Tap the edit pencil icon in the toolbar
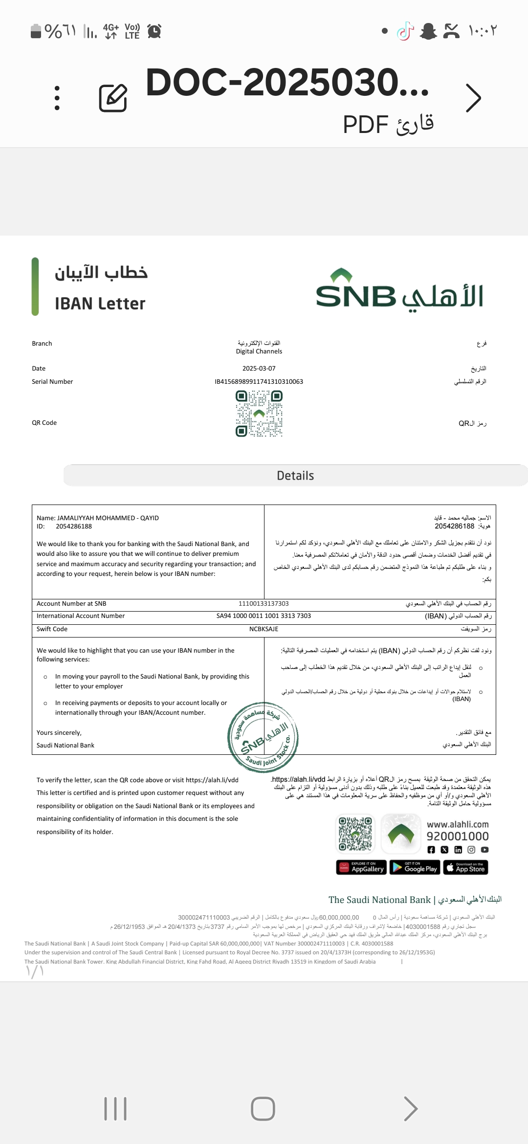(x=113, y=98)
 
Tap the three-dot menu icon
(x=57, y=98)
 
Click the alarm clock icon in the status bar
(x=154, y=31)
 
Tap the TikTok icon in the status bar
(x=405, y=31)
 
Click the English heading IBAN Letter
(x=100, y=304)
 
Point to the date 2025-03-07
(x=259, y=369)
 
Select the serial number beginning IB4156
(x=259, y=382)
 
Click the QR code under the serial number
(x=259, y=414)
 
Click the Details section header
(x=295, y=476)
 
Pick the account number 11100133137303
(x=264, y=604)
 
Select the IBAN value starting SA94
(x=264, y=616)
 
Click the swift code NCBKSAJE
(x=264, y=629)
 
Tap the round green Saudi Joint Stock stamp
(x=263, y=737)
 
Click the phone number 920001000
(x=458, y=836)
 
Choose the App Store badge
(x=465, y=867)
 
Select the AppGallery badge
(x=362, y=867)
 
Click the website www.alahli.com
(x=458, y=824)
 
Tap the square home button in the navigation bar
(x=263, y=1109)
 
